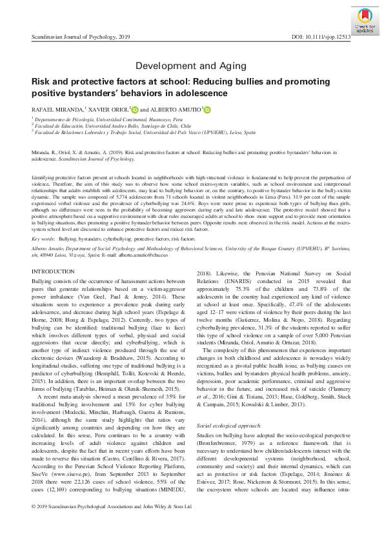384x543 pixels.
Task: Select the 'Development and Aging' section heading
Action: coord(192,66)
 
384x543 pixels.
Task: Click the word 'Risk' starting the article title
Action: coord(41,83)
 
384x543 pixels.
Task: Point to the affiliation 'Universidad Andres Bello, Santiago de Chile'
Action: coord(123,127)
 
